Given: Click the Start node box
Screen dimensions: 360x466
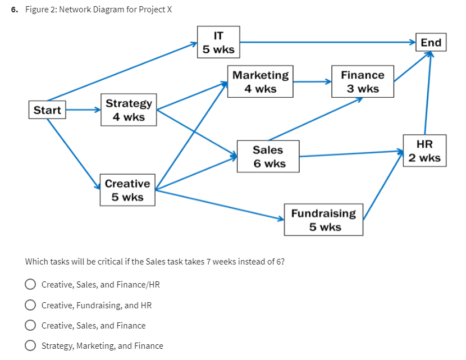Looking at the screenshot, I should tap(47, 110).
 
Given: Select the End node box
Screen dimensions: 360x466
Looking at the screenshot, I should tap(431, 43).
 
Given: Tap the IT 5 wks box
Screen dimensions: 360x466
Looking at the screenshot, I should tap(218, 42).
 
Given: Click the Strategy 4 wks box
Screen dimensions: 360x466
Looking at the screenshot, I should tap(129, 110).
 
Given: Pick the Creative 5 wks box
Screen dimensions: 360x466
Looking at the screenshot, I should tap(127, 190).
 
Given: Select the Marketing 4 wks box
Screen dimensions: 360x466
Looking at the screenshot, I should tap(260, 82).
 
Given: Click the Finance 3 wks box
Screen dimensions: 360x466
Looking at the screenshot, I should tap(362, 82).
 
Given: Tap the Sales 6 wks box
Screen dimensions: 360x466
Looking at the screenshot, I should tap(268, 157).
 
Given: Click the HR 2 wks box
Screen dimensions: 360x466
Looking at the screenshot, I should tap(424, 151).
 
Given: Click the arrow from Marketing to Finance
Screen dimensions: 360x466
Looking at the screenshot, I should tap(312, 82).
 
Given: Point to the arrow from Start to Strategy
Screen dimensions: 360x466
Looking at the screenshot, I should tap(83, 110).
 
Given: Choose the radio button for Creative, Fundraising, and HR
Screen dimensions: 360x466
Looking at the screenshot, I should tap(31, 305).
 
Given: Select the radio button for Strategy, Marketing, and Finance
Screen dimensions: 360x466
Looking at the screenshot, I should tap(31, 346).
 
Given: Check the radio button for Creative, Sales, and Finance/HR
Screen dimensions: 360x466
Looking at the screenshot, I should tap(31, 285).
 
